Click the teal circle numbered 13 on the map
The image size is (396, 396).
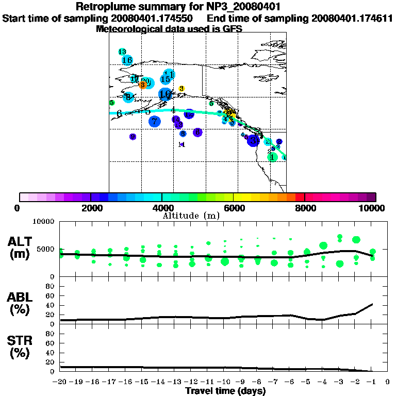pyautogui.click(x=122, y=52)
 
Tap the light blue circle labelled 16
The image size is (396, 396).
pyautogui.click(x=127, y=60)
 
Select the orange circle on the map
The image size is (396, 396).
pyautogui.click(x=143, y=85)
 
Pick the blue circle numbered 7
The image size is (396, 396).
pyautogui.click(x=154, y=122)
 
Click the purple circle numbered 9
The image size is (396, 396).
pyautogui.click(x=133, y=137)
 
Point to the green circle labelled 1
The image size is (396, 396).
pyautogui.click(x=272, y=157)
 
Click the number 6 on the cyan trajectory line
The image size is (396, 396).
pyautogui.click(x=119, y=113)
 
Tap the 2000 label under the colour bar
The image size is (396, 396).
pyautogui.click(x=90, y=208)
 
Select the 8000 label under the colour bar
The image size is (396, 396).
pyautogui.click(x=304, y=208)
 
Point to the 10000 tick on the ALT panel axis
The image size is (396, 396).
pyautogui.click(x=44, y=222)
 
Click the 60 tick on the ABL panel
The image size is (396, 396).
pyautogui.click(x=51, y=295)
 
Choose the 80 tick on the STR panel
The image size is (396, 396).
pyautogui.click(x=51, y=334)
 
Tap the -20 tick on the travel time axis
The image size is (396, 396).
pyautogui.click(x=60, y=382)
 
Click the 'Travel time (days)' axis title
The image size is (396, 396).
pyautogui.click(x=225, y=391)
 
